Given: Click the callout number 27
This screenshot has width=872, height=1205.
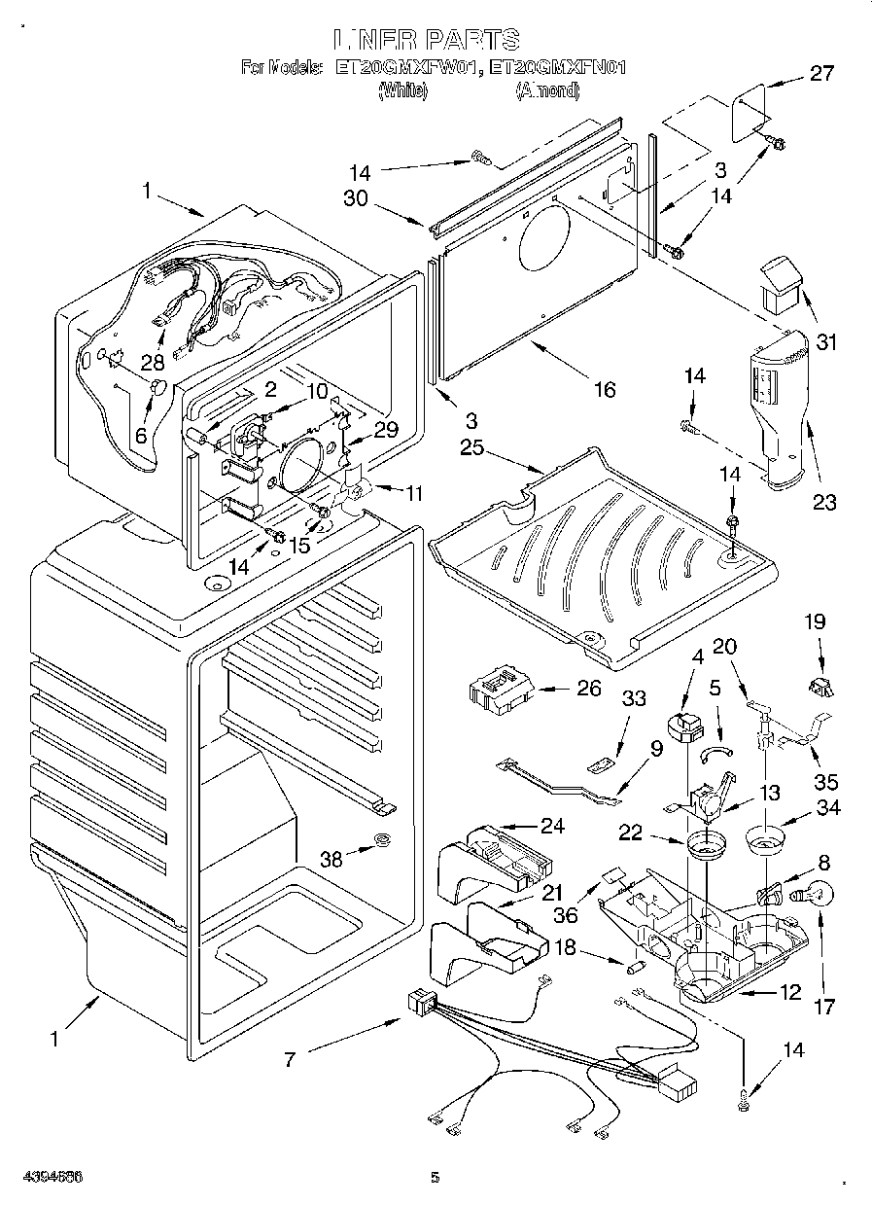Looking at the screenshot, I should [x=821, y=74].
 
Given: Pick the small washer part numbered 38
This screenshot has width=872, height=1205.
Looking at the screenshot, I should [x=383, y=840].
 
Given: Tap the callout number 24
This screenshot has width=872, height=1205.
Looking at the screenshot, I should [x=552, y=827].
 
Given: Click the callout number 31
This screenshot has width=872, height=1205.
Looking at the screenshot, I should [x=826, y=342].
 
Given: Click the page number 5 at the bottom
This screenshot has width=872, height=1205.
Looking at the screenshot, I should [x=436, y=1180].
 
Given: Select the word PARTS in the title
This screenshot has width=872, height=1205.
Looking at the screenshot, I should [x=470, y=40].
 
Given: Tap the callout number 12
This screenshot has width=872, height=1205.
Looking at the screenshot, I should [x=789, y=992].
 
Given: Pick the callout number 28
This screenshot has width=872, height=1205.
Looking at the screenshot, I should [x=151, y=363].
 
